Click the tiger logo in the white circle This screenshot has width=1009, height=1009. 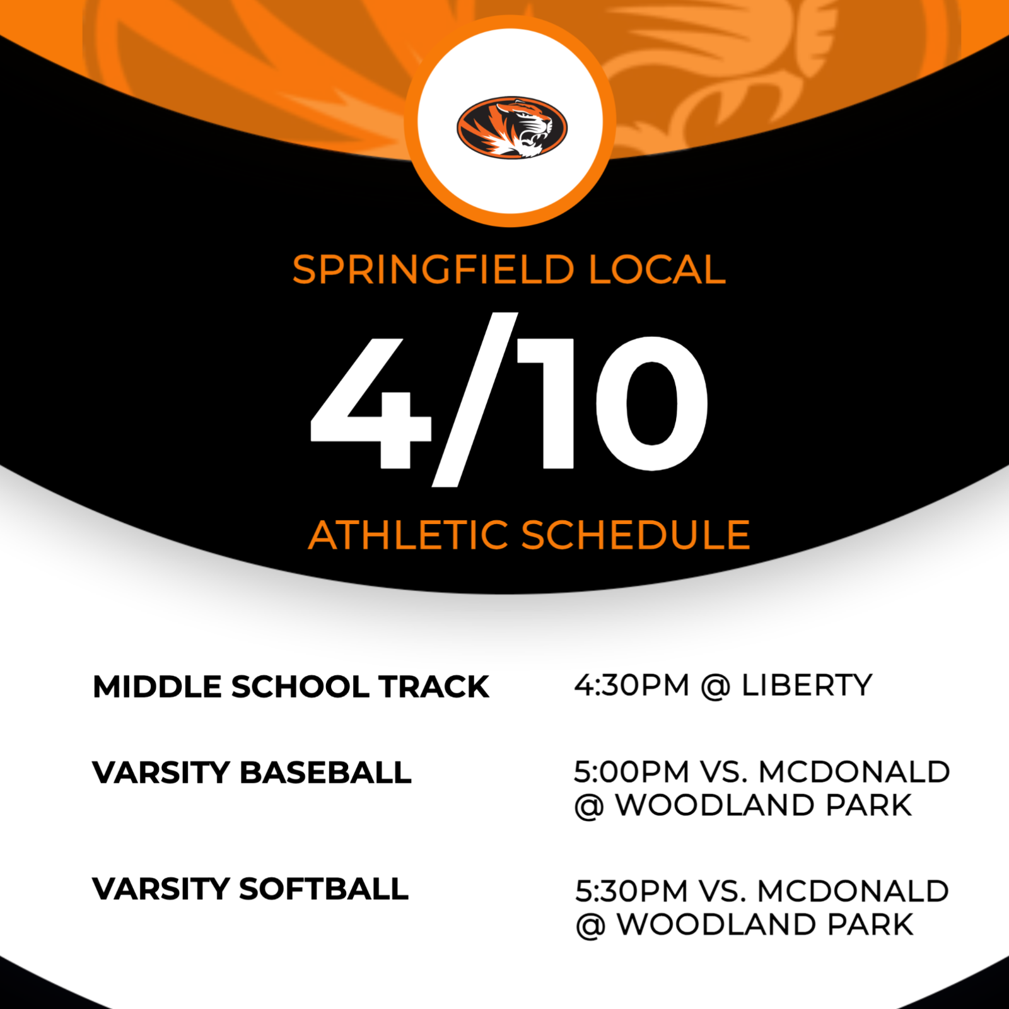pos(511,127)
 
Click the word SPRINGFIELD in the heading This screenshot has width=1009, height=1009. pos(433,270)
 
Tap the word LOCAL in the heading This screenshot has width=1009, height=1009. pos(657,270)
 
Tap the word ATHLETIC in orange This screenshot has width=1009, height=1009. pos(408,535)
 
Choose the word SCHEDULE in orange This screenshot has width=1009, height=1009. pos(636,535)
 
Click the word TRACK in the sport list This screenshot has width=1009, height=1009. pos(434,687)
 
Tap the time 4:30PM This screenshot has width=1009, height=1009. pos(631,685)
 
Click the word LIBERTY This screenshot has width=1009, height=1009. pos(807,685)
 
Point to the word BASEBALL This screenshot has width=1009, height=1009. pos(325,773)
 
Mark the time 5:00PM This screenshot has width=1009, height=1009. pos(631,772)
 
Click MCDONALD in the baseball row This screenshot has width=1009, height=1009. pos(854,772)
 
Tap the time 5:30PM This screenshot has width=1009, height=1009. pos(631,891)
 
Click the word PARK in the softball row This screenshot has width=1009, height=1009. pos(870,924)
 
